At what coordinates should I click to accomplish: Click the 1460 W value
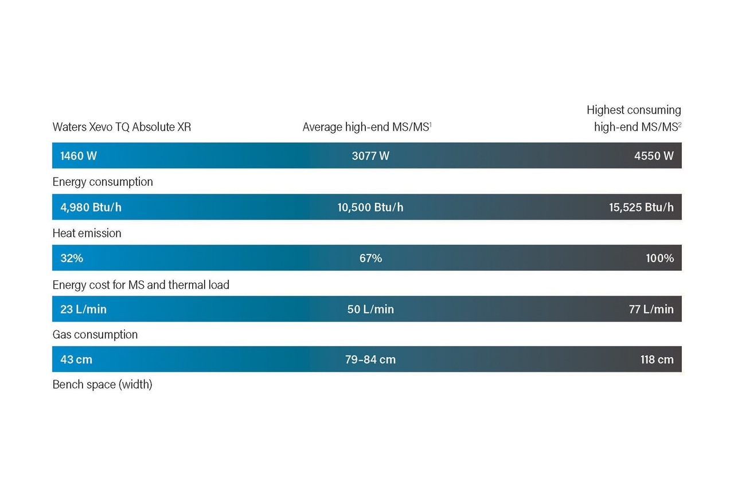coord(79,156)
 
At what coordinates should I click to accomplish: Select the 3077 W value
coord(370,156)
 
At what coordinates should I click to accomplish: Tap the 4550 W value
coord(654,156)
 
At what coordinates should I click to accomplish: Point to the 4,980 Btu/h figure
coord(91,208)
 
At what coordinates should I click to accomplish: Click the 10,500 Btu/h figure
coord(370,208)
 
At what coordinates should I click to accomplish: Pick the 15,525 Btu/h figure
coord(641,208)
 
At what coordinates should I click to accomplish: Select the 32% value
coord(72,259)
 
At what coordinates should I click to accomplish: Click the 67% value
coord(370,259)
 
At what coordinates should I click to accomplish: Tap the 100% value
coord(660,259)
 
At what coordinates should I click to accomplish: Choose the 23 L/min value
coord(84,309)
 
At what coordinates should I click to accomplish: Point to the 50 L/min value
coord(370,309)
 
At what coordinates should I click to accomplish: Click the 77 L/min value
coord(651,309)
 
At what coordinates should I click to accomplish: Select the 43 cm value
coord(76,359)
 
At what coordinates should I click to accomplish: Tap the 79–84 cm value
coord(370,359)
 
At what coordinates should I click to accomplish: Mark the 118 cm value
coord(657,359)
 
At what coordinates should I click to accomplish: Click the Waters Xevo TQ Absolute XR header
coord(122,127)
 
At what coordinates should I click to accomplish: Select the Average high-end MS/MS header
coord(367,127)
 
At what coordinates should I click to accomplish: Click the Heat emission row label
coord(87,233)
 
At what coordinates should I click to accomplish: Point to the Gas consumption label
coord(95,334)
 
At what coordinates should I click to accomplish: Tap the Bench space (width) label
coord(102,385)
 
